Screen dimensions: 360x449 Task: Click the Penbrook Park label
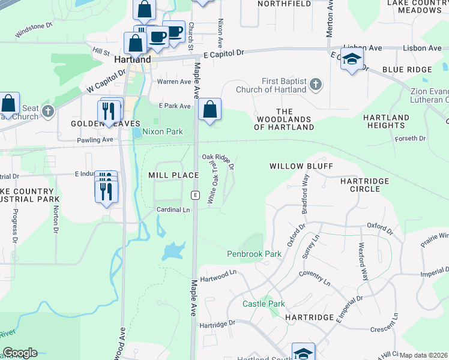coord(254,254)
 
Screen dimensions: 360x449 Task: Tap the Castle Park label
coord(264,304)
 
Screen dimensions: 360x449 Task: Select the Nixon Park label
coord(162,131)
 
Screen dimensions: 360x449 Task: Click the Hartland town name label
coord(132,60)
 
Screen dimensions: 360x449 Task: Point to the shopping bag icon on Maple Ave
coord(209,109)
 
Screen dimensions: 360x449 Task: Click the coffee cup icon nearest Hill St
coord(157,37)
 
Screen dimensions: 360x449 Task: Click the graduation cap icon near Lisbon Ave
coord(352,59)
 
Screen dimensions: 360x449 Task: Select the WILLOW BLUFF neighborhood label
coord(301,166)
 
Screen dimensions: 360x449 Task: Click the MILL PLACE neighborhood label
coord(173,175)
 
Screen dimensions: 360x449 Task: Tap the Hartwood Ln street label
coord(219,272)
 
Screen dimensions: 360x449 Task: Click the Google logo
coord(20,353)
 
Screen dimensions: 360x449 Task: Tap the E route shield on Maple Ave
coord(194,195)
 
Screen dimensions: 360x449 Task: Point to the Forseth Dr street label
coord(411,138)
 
